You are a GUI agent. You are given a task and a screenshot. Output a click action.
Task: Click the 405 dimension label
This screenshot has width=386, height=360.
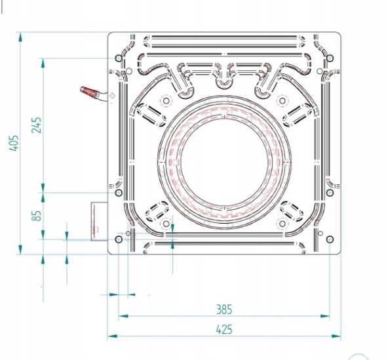click(x=14, y=143)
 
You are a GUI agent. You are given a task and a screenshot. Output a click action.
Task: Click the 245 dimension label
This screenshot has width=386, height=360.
click(x=37, y=125)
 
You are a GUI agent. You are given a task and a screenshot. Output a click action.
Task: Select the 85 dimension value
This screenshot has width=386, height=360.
click(x=37, y=216)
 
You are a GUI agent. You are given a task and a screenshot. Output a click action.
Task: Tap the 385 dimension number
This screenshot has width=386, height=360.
click(x=224, y=310)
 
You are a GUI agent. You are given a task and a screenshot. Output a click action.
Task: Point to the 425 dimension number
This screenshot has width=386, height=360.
click(x=224, y=329)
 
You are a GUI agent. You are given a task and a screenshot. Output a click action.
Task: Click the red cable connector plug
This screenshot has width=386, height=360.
click(x=90, y=92)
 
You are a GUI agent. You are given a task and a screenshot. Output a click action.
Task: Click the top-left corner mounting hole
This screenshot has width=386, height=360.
click(x=119, y=58)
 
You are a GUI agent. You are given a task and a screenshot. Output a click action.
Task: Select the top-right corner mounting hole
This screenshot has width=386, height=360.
click(x=330, y=58)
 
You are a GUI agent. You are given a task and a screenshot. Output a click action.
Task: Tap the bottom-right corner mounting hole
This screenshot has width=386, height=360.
click(x=330, y=239)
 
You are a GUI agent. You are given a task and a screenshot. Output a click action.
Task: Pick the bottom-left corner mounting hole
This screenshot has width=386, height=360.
click(x=119, y=239)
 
